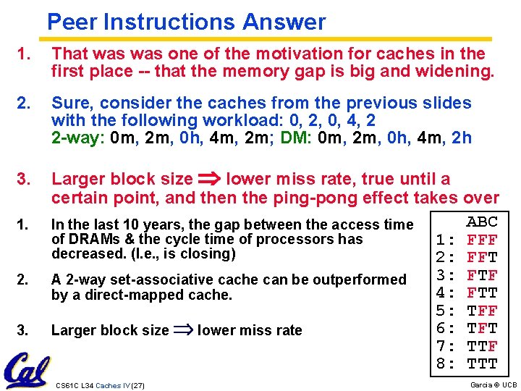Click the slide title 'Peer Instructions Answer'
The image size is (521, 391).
186,22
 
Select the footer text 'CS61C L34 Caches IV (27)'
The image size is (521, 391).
100,385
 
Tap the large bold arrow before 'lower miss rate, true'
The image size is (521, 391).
210,179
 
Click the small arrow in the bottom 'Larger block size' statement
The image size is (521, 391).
183,330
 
